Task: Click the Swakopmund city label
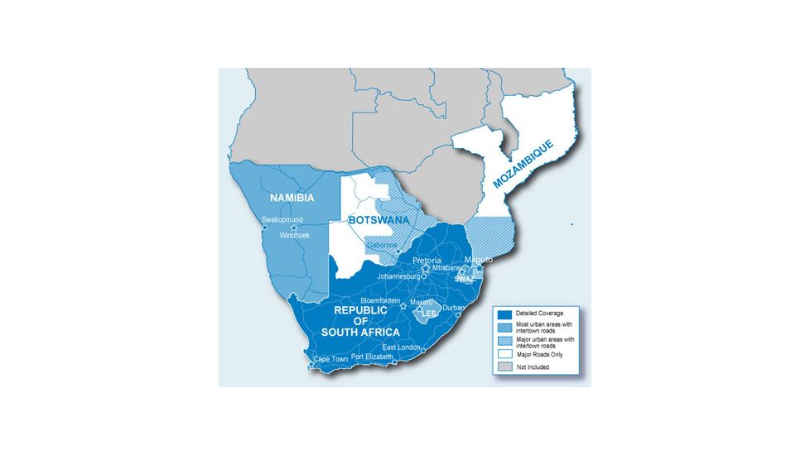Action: coord(282,219)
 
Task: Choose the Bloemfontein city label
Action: coord(381,300)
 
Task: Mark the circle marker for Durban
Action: coord(458,314)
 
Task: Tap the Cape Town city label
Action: coord(331,359)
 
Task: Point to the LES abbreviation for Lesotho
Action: coord(429,314)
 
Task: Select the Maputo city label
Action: coord(480,259)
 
